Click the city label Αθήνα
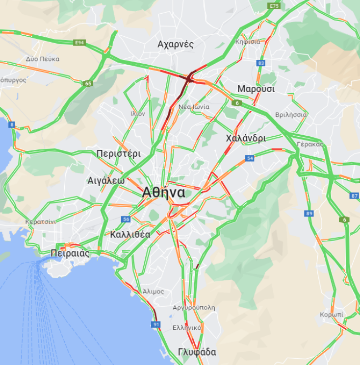[x=164, y=193]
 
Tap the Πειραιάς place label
[x=70, y=253]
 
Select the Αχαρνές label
[x=176, y=44]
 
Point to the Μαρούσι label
[x=256, y=89]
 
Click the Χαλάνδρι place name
[x=246, y=138]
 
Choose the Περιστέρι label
[x=119, y=153]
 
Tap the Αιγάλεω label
[x=106, y=180]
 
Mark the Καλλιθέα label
[x=130, y=234]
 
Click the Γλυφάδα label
[x=197, y=352]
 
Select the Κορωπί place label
[x=332, y=314]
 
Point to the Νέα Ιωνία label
[x=194, y=107]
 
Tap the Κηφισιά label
[x=248, y=42]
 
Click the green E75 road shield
[x=274, y=5]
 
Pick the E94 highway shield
[x=80, y=43]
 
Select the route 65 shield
[x=88, y=83]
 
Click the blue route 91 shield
[x=156, y=324]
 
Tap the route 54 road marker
[x=250, y=158]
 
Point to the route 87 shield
[x=355, y=195]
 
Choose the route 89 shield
[x=309, y=213]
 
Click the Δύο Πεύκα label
[x=43, y=59]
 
